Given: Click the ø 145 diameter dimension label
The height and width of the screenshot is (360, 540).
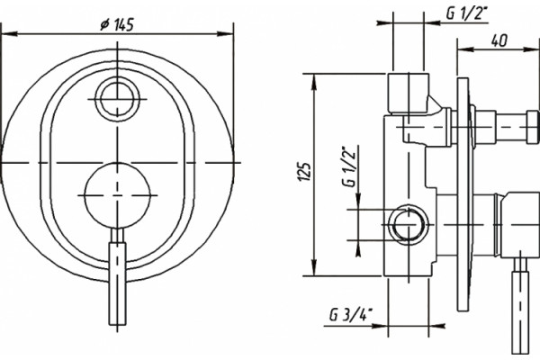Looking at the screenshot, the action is (x=117, y=25).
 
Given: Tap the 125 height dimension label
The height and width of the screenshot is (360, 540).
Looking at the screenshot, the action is (x=305, y=171).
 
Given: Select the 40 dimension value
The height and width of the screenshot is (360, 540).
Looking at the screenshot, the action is (x=499, y=40).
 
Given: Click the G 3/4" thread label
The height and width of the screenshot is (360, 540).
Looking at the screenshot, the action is (x=351, y=314).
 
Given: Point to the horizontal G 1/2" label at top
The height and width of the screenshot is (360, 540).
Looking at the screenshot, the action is (x=468, y=13).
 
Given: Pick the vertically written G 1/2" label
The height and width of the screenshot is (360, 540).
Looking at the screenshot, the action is (x=349, y=167).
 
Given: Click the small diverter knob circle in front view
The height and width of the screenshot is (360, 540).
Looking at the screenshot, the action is (x=118, y=100).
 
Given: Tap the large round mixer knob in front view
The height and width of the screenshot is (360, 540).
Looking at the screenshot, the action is (x=118, y=195).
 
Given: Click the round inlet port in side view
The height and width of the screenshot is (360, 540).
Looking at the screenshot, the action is (x=409, y=225).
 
